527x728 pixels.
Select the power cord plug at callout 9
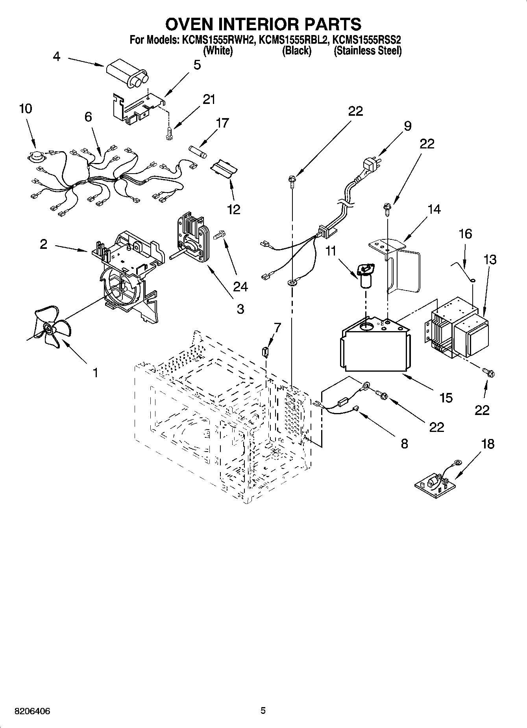[370, 165]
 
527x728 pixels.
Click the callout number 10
[26, 109]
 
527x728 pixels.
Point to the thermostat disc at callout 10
[35, 157]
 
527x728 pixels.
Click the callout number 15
[446, 398]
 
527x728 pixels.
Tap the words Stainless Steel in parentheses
[368, 51]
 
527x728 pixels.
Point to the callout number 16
[465, 234]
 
